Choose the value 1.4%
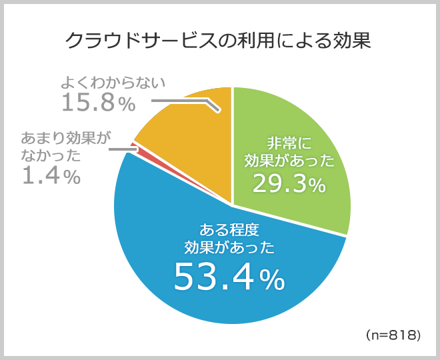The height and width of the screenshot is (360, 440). [x=51, y=177]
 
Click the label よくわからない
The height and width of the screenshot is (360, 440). [x=112, y=82]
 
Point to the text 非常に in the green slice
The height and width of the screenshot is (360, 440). [x=289, y=141]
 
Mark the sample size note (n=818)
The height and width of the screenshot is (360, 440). [x=393, y=335]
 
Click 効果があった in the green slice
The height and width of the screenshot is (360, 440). [x=289, y=161]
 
